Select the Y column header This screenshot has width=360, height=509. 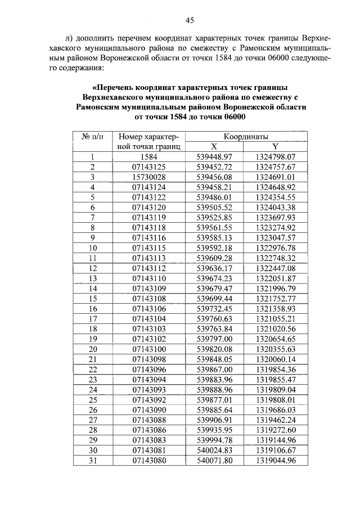click(268, 146)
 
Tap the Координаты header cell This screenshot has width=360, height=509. click(241, 136)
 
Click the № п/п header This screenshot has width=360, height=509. click(93, 136)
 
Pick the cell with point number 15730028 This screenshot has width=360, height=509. click(148, 177)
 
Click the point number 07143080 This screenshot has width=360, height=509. click(148, 461)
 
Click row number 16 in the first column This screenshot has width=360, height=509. click(93, 309)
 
